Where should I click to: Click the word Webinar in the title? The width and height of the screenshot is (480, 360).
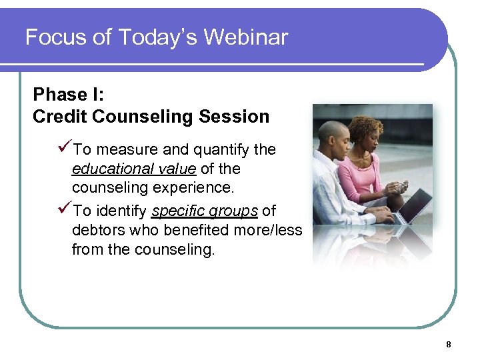click(x=246, y=37)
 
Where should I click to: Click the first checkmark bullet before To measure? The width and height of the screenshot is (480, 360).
click(x=65, y=149)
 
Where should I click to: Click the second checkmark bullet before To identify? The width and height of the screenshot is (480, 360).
click(x=65, y=211)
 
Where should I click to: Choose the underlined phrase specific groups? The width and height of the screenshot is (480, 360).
click(x=205, y=211)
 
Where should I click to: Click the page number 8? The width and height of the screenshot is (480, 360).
click(x=448, y=345)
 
